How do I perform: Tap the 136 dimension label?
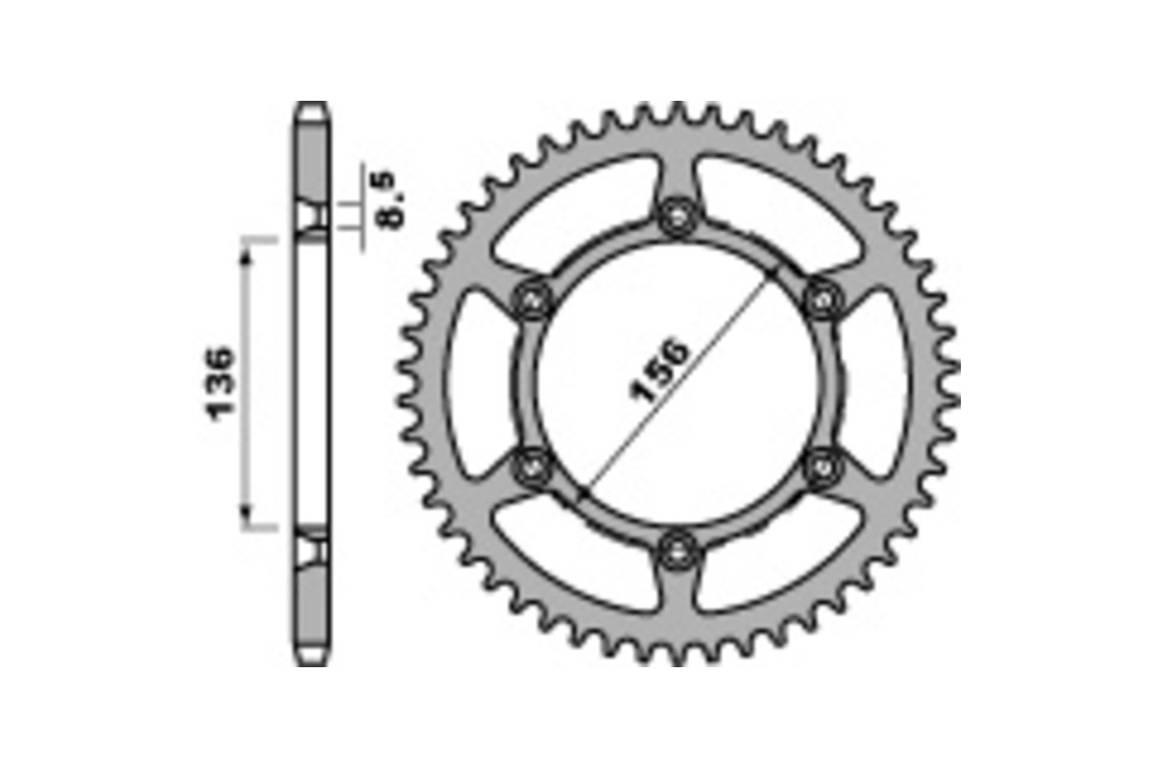[220, 383]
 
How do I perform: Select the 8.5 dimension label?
[392, 199]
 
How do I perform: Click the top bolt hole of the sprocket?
[678, 217]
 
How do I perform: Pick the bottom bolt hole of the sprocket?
[678, 549]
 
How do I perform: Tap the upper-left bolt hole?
[533, 300]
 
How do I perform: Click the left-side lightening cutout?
[478, 383]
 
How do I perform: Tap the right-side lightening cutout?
[878, 383]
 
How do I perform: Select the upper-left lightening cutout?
[576, 210]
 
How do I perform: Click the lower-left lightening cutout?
[576, 557]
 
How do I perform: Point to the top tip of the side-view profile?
[311, 106]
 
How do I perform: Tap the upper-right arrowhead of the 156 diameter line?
[771, 276]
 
